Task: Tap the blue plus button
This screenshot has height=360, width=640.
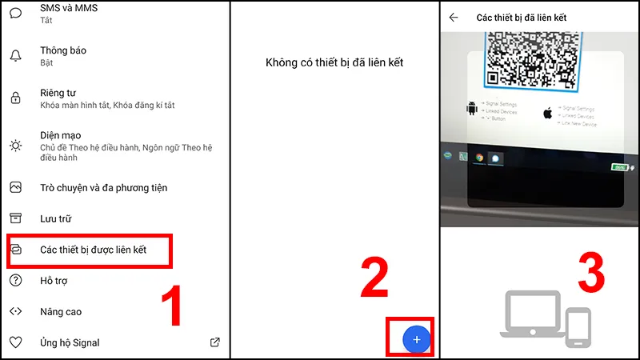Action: pyautogui.click(x=416, y=339)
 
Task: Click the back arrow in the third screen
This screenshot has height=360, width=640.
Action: pyautogui.click(x=454, y=17)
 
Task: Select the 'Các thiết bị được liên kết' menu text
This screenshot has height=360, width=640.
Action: pyautogui.click(x=94, y=250)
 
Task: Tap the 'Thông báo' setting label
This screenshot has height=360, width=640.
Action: pyautogui.click(x=63, y=50)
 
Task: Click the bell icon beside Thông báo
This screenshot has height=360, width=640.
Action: pyautogui.click(x=15, y=55)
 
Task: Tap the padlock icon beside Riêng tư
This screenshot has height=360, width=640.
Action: pyautogui.click(x=15, y=98)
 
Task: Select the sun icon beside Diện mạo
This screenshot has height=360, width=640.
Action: pyautogui.click(x=15, y=145)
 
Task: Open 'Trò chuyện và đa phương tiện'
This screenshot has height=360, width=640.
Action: pyautogui.click(x=103, y=188)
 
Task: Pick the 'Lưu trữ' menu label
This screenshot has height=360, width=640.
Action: pyautogui.click(x=57, y=218)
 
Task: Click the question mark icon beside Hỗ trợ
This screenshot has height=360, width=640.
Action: pyautogui.click(x=15, y=281)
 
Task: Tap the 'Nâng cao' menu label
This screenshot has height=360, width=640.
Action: pyautogui.click(x=61, y=312)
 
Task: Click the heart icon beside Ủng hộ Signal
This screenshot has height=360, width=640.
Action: pyautogui.click(x=15, y=342)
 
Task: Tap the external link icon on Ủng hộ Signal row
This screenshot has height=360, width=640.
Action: pyautogui.click(x=214, y=342)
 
